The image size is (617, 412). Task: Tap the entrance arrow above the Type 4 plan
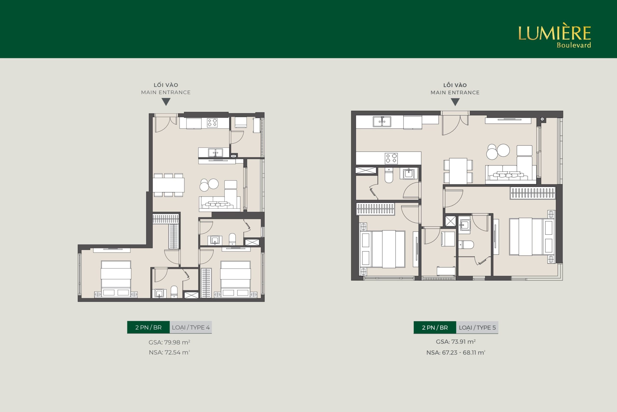tap(166, 102)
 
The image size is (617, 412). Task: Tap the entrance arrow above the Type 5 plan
tap(455, 102)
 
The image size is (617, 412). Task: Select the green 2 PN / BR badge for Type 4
tap(148, 327)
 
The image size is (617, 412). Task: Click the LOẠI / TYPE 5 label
tap(477, 328)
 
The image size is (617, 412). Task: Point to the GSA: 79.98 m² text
tap(169, 342)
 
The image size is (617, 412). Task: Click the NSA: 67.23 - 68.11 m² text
tap(456, 353)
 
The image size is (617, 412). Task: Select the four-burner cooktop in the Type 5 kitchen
tap(391, 158)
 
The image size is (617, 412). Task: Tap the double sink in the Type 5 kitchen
tap(382, 122)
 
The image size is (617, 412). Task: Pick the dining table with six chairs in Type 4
tap(168, 185)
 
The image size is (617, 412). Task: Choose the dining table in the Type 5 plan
tap(458, 171)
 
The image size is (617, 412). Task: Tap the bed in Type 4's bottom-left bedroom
tap(116, 279)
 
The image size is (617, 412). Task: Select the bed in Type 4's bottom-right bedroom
tap(235, 279)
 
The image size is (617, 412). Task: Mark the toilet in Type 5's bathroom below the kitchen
tap(389, 175)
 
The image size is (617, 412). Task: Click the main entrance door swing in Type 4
tap(166, 124)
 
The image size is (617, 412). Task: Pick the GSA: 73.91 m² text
tap(456, 342)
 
